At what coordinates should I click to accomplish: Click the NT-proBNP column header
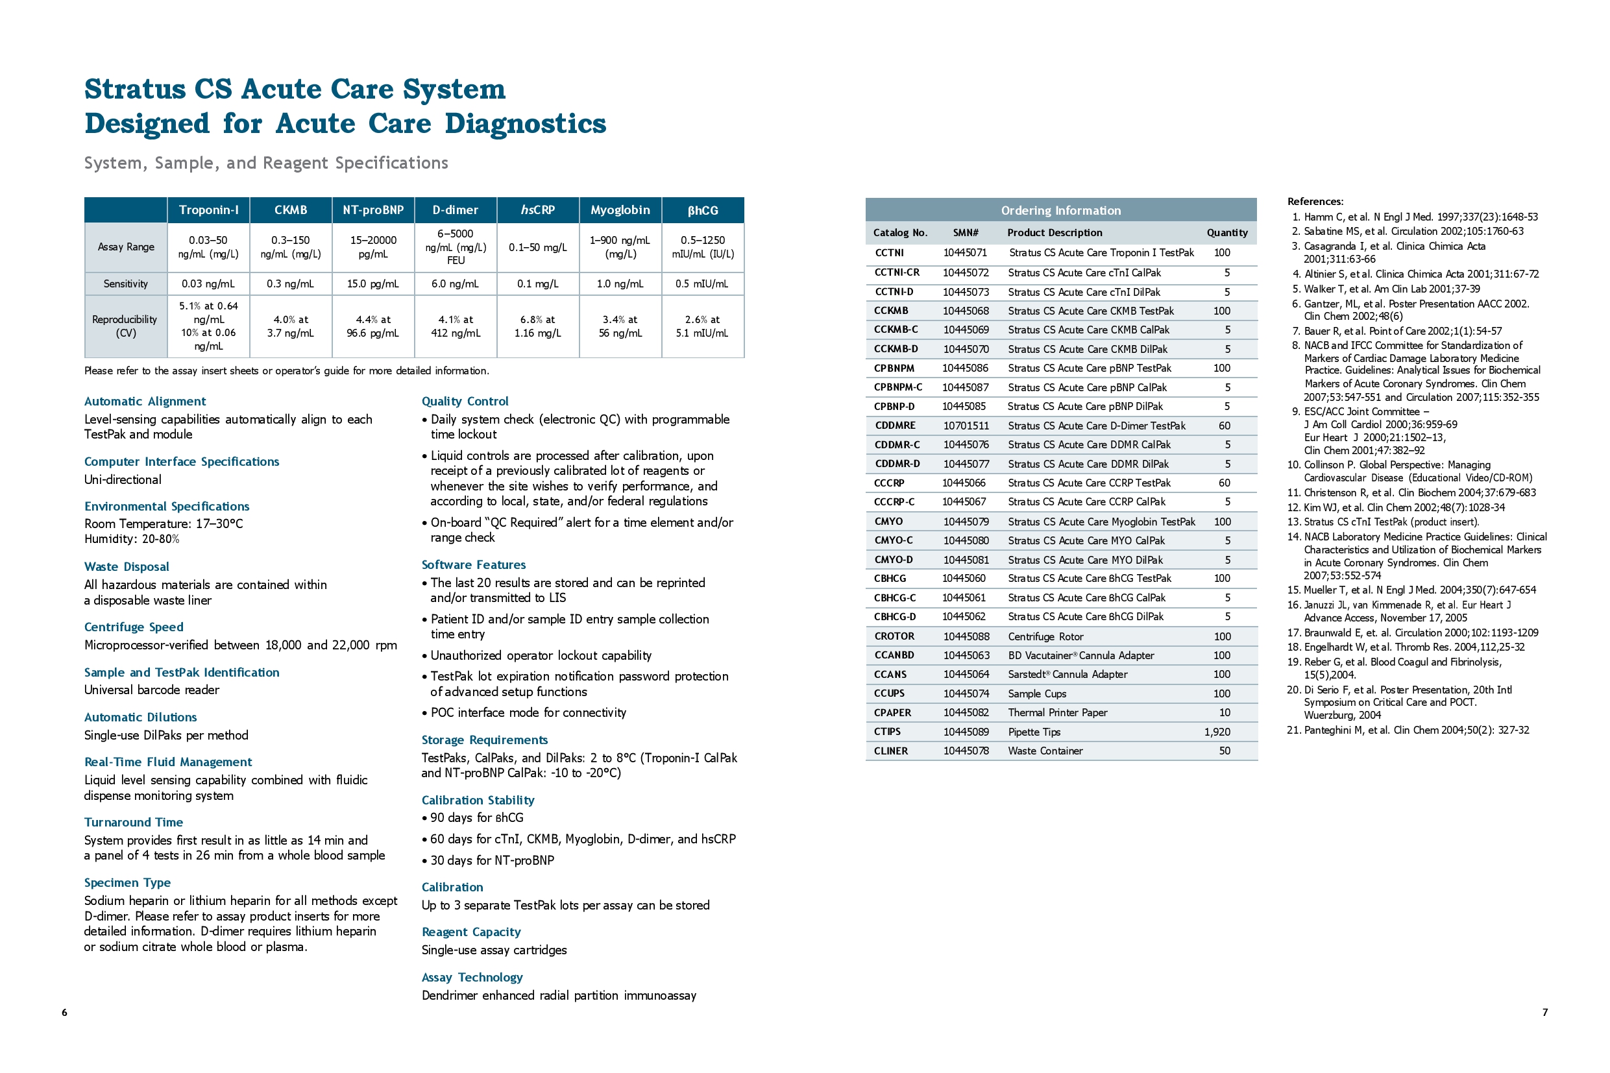pos(373,210)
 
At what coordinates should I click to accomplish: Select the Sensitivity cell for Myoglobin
pos(620,283)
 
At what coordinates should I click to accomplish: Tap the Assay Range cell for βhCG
pos(702,247)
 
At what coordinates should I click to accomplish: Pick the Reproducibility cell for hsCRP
pos(538,326)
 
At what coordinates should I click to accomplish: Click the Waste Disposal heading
pos(127,566)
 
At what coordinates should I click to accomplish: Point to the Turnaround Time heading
pos(134,822)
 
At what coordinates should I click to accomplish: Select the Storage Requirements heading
pos(485,740)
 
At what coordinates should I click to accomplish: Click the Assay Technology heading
pos(472,977)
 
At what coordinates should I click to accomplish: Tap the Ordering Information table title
pos(1060,211)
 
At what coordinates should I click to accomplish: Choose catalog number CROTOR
pos(894,636)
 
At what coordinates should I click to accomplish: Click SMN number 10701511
pos(966,426)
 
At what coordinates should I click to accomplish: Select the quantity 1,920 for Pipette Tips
pos(1217,732)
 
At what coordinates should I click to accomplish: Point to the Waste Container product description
pos(1045,751)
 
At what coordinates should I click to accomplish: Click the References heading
pos(1315,201)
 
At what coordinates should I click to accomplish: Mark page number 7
pos(1545,1012)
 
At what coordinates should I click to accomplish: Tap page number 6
pos(64,1012)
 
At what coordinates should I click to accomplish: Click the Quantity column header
pos(1226,233)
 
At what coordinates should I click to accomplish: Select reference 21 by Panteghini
pos(1408,730)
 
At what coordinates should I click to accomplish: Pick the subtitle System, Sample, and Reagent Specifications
pos(265,163)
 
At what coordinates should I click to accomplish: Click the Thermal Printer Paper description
pos(1058,712)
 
